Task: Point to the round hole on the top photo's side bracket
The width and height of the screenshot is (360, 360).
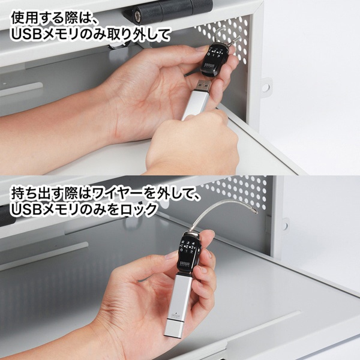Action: [x=265, y=88]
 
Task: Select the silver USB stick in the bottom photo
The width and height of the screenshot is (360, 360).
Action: [x=178, y=306]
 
